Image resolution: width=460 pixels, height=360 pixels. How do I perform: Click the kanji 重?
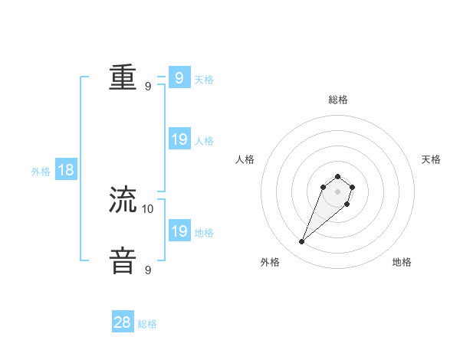[x=123, y=77]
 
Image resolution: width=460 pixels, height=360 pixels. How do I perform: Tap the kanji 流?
[x=123, y=200]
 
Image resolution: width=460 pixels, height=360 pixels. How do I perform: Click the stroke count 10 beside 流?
[x=148, y=208]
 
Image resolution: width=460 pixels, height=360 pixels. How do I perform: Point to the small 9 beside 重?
[x=148, y=86]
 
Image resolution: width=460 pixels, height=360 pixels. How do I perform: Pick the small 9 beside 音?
[x=148, y=270]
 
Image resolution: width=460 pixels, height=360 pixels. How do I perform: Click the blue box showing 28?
[x=123, y=322]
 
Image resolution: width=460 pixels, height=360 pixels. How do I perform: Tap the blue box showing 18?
[x=66, y=170]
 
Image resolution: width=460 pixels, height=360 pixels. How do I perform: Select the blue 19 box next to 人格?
[x=179, y=139]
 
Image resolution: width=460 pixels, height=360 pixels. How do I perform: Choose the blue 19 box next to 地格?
[x=179, y=231]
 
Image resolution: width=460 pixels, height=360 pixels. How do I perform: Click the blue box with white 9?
[x=179, y=77]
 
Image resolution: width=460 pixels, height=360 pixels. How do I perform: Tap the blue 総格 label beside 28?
[x=147, y=324]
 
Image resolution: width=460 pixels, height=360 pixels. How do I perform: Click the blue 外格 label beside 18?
[x=41, y=172]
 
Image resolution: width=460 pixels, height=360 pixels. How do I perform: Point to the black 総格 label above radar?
[x=337, y=100]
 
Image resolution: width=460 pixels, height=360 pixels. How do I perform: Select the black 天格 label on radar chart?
[x=431, y=159]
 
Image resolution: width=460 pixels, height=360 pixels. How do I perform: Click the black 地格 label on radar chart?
[x=402, y=262]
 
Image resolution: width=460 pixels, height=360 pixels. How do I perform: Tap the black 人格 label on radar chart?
[x=245, y=159]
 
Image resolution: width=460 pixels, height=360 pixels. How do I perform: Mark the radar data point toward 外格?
[x=301, y=242]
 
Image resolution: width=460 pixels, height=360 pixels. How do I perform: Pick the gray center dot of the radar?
[x=337, y=191]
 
